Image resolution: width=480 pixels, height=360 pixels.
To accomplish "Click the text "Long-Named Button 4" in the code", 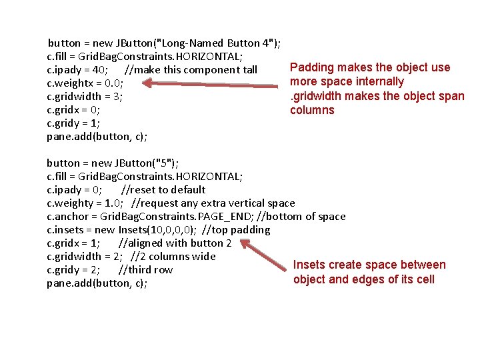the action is pyautogui.click(x=214, y=43).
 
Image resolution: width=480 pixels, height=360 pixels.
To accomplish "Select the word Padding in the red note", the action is pyautogui.click(x=312, y=67).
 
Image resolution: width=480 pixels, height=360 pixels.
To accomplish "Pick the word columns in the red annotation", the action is pyautogui.click(x=312, y=110).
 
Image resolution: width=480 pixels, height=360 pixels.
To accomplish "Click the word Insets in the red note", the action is pyautogui.click(x=309, y=265).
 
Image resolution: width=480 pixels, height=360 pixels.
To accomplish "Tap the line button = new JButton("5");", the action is pyautogui.click(x=113, y=163).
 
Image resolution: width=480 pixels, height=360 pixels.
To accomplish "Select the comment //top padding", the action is pyautogui.click(x=236, y=230).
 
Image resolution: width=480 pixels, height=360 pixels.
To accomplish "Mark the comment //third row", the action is pyautogui.click(x=145, y=270).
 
